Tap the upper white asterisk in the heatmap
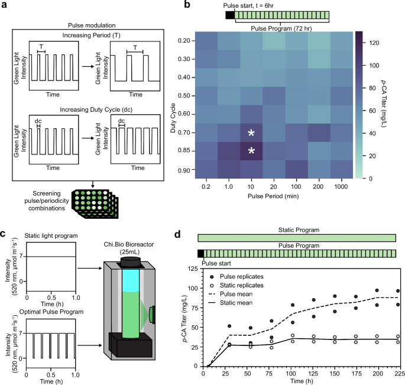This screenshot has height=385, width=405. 251,134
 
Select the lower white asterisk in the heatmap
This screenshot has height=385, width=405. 251,152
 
